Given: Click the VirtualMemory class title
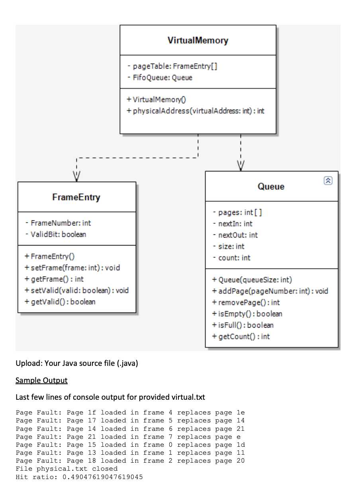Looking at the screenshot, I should (x=198, y=40).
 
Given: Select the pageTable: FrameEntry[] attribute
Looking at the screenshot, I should (x=172, y=67).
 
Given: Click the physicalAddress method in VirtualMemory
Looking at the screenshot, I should (x=195, y=111).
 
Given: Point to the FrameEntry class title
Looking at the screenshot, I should (x=76, y=197).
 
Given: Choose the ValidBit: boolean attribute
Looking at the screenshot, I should (x=55, y=234).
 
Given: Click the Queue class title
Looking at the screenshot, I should (x=271, y=187).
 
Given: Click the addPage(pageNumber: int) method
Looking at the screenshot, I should (x=270, y=291).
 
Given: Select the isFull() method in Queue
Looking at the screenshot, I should (x=243, y=325).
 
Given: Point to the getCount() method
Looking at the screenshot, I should (x=241, y=336).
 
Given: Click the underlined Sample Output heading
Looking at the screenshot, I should (x=41, y=380).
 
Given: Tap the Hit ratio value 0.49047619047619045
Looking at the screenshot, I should (x=103, y=477).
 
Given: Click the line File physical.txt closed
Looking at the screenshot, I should (x=67, y=469).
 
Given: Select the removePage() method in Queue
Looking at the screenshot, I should (x=246, y=302).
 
